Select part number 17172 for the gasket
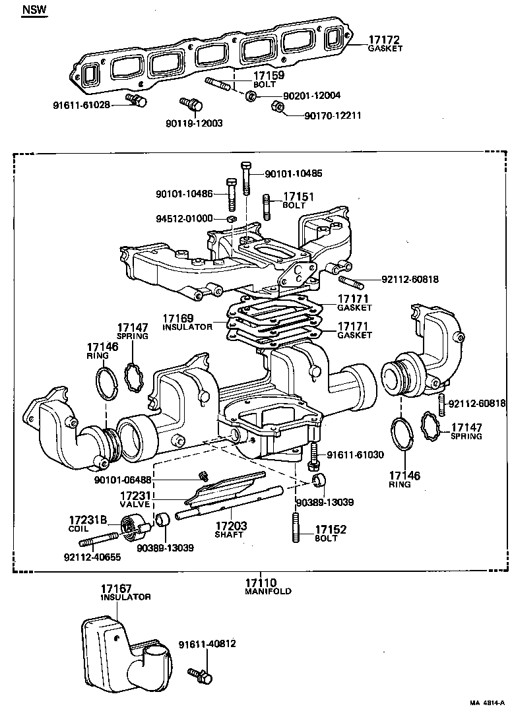tap(385, 40)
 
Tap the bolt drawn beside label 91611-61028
tap(138, 100)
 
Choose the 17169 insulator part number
tap(179, 319)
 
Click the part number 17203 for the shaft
tap(231, 526)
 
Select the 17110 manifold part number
tap(261, 582)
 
